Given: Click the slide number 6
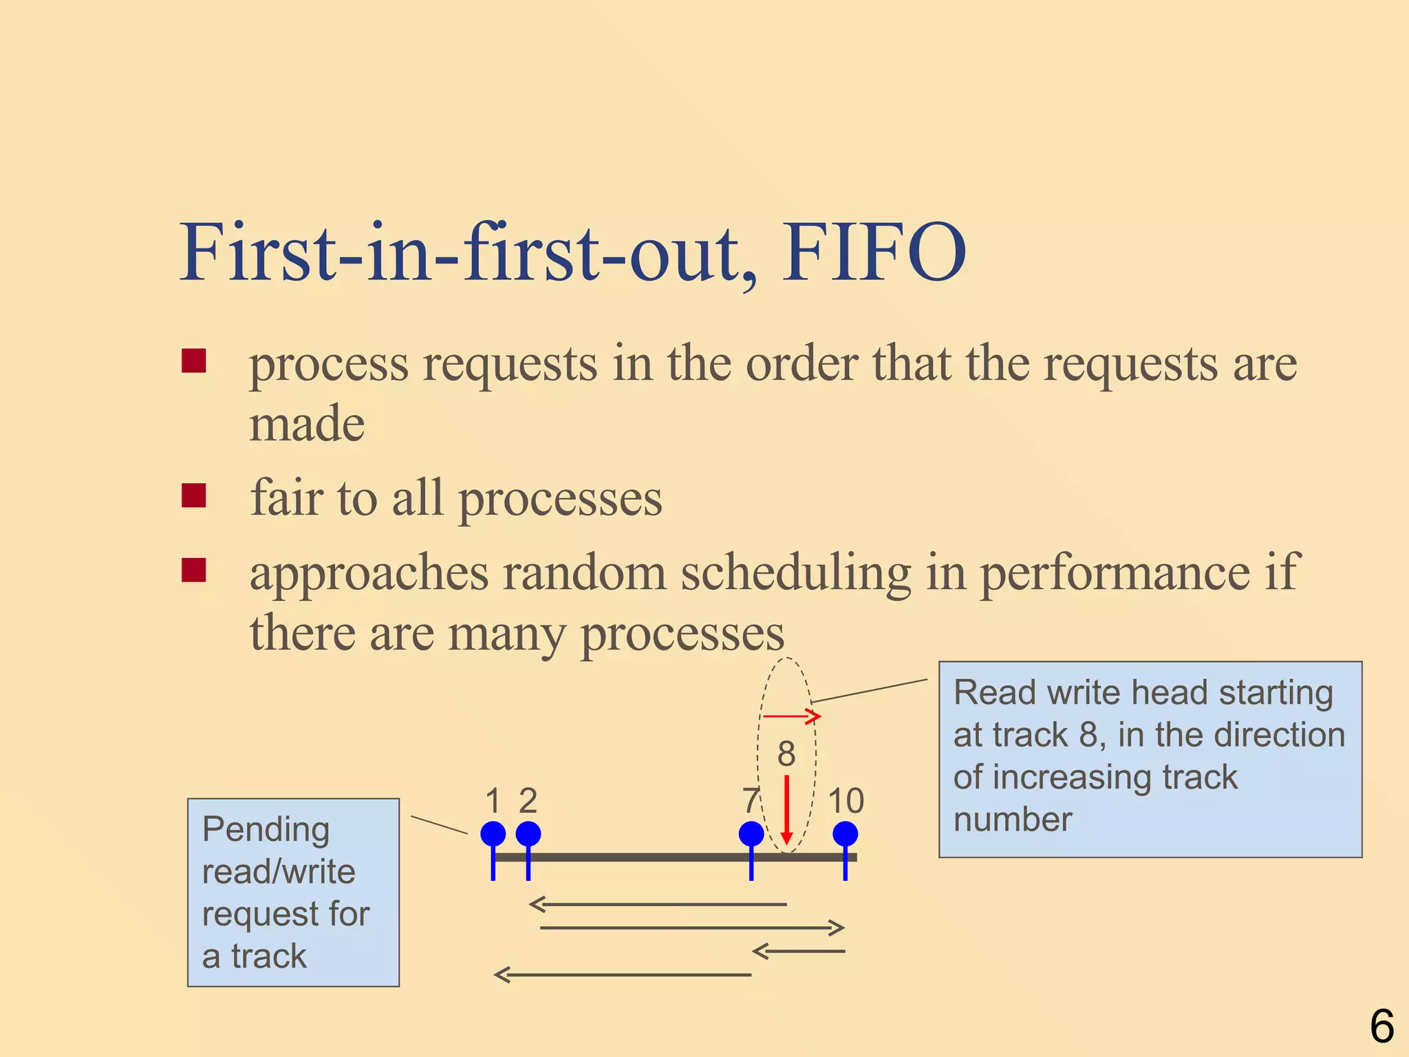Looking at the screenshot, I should pyautogui.click(x=1381, y=1026).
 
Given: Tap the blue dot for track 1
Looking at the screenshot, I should pyautogui.click(x=493, y=834).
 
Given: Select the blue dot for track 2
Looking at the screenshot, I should pyautogui.click(x=528, y=834).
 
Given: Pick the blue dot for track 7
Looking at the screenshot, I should pyautogui.click(x=751, y=834).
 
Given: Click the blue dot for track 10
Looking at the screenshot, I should pyautogui.click(x=845, y=834).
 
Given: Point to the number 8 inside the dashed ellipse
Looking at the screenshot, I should pyautogui.click(x=786, y=754).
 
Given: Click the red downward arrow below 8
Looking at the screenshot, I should pyautogui.click(x=787, y=809).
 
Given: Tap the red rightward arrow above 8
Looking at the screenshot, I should pyautogui.click(x=791, y=716).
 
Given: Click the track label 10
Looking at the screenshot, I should pyautogui.click(x=846, y=801).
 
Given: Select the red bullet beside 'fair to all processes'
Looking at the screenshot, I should pyautogui.click(x=194, y=495).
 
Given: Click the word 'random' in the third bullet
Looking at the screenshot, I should pyautogui.click(x=585, y=573).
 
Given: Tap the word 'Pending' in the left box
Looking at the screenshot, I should pyautogui.click(x=266, y=830).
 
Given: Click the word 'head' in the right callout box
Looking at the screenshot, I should pyautogui.click(x=1170, y=692).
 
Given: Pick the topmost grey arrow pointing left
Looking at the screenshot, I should pyautogui.click(x=657, y=904).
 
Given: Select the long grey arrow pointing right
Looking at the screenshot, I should pyautogui.click(x=691, y=928).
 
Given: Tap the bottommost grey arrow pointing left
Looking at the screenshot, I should pyautogui.click(x=623, y=974).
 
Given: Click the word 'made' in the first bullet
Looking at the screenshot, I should pyautogui.click(x=307, y=424).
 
